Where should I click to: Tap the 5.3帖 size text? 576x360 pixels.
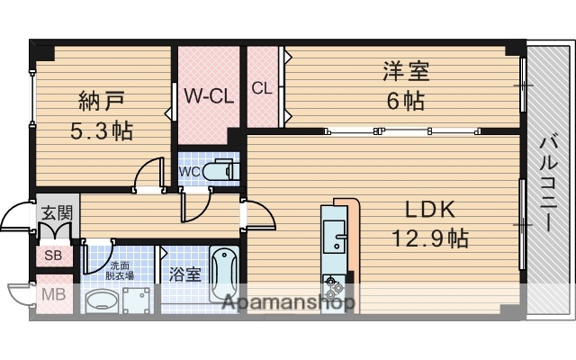102,130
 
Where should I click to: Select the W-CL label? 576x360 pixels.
209,94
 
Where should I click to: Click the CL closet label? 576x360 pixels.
262,88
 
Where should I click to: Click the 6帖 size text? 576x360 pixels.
405,101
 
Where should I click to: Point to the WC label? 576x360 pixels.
190,171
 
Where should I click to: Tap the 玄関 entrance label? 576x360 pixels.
55,214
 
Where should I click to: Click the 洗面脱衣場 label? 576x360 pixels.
121,271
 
